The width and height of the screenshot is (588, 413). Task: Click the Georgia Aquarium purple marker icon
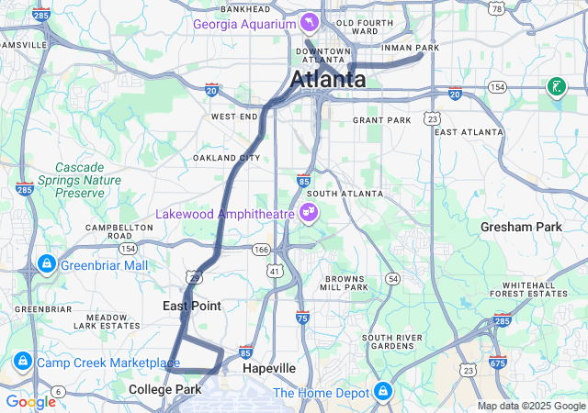coord(311,22)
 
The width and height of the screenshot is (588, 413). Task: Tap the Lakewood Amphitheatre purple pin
coord(310,214)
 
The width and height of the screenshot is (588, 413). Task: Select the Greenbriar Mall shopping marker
coord(45,265)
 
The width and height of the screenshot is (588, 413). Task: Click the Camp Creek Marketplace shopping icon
coord(20,363)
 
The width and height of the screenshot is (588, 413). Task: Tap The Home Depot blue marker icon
coord(381,393)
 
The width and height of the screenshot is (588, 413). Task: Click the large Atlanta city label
coord(328,80)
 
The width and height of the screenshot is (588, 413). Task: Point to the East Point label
coord(192,306)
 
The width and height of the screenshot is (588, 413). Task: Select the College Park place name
coord(164,390)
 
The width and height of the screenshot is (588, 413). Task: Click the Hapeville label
coord(269,368)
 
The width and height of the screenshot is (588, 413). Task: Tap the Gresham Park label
coord(520,227)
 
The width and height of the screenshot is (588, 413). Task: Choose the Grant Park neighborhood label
coord(381,120)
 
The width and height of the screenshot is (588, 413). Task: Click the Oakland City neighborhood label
coord(220,158)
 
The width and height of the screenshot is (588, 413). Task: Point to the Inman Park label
coord(413,48)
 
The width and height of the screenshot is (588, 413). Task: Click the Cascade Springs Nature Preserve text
coord(88,181)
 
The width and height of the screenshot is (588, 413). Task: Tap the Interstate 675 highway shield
coord(498,363)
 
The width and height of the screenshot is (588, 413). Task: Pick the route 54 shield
coord(392,278)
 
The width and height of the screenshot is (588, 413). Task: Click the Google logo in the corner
coord(30,402)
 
